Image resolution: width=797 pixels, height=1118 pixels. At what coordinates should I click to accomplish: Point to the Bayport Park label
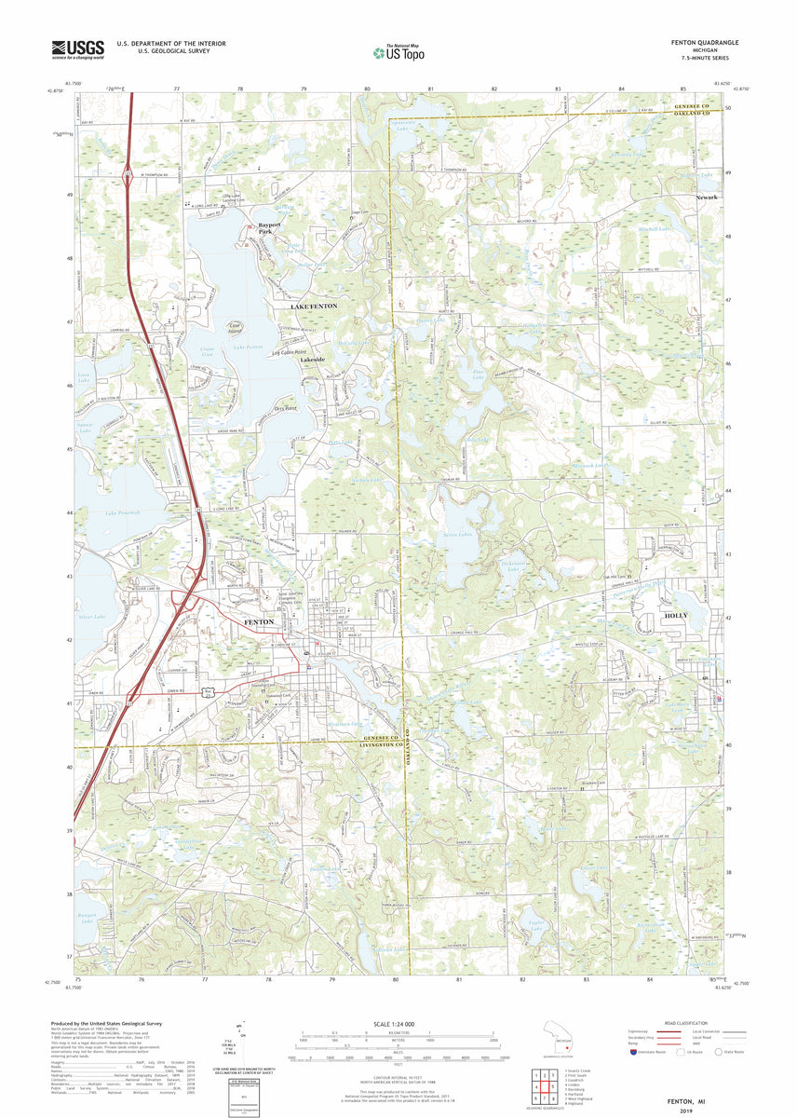pos(269,228)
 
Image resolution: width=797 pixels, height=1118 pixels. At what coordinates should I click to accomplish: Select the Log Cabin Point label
pos(289,352)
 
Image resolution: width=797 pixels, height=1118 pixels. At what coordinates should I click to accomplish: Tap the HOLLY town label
pos(676,617)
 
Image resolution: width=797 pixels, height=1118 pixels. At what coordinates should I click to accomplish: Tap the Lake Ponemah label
pos(123,513)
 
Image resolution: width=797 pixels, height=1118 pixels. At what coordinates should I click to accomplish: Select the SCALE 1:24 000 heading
pos(398,1023)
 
